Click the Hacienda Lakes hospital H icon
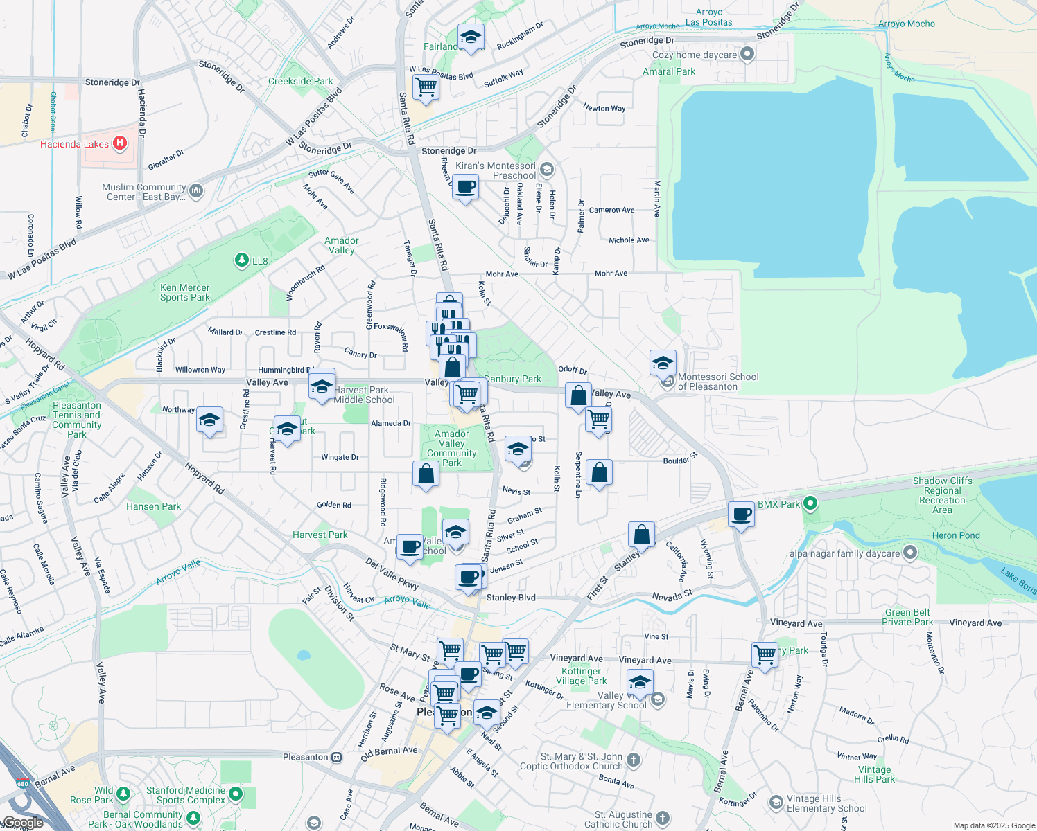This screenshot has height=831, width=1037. [120, 143]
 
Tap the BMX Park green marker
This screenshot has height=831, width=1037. [810, 503]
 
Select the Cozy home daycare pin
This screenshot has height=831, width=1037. [747, 54]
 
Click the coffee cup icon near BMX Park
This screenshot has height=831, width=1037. [741, 515]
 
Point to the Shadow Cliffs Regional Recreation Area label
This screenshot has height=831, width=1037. [942, 495]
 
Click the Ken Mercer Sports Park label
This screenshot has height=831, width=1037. [184, 292]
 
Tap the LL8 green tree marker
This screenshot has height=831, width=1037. [241, 260]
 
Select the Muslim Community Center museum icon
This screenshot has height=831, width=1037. [196, 191]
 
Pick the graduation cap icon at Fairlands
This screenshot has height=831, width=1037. [471, 37]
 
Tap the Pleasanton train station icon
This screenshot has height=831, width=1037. [336, 757]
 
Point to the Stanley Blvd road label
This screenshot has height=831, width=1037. [511, 598]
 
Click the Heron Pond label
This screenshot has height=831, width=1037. [956, 535]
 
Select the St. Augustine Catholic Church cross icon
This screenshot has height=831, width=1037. [663, 819]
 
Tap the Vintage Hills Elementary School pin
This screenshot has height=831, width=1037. [776, 803]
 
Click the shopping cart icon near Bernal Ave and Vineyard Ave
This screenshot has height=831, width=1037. [765, 653]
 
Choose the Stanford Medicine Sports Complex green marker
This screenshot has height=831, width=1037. [236, 794]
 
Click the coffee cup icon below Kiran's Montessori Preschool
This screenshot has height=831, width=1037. [465, 187]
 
